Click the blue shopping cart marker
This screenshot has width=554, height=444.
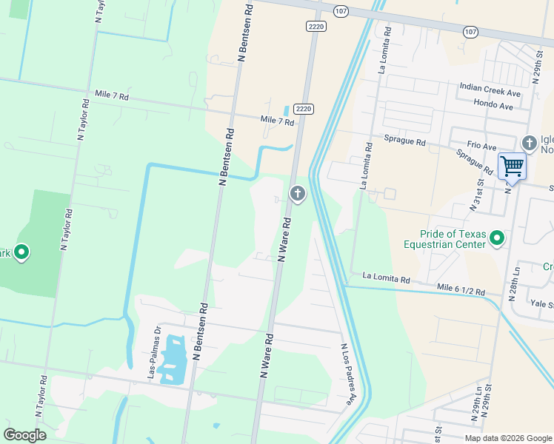(x=512, y=166)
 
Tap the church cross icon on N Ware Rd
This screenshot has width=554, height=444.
(x=297, y=194)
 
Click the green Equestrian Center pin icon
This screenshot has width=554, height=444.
(x=497, y=238)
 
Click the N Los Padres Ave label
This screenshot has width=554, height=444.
(x=347, y=374)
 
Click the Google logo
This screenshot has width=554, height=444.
(x=24, y=435)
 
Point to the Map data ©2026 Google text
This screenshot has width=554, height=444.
(x=508, y=438)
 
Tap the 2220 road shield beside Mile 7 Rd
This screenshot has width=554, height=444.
(x=303, y=109)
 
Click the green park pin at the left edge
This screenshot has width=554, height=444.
(x=21, y=253)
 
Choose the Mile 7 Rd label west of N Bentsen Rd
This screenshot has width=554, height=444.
(x=112, y=96)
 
